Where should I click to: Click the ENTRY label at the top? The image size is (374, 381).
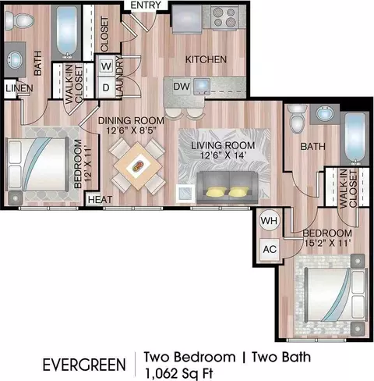coord(146,5)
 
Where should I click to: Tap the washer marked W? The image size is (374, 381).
coord(106,66)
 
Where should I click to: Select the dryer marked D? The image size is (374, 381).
coord(106,87)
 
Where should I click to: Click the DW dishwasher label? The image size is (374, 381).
coord(182,87)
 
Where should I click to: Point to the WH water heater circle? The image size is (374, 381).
coord(270,221)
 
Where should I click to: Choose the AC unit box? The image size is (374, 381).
coord(270,249)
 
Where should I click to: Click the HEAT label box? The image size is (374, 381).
coord(100,200)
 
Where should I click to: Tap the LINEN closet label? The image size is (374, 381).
coord(19,88)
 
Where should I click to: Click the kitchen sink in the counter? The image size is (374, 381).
coord(202,87)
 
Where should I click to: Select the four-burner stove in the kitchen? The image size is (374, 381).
coord(224,17)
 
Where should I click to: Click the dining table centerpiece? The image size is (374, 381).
coord(138,166)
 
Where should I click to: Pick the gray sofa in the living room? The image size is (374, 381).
coord(228,187)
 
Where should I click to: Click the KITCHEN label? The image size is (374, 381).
coord(206,59)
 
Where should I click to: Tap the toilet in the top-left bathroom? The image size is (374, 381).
coord(19,21)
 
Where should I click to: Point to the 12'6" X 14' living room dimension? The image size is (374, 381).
coord(223,155)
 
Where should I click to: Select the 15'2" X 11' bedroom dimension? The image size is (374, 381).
coord(328,243)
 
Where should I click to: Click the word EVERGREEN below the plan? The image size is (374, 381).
coord(84,365)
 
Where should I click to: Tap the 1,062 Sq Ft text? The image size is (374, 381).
coord(179,373)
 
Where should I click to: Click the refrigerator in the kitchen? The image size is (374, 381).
coord(187,19)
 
